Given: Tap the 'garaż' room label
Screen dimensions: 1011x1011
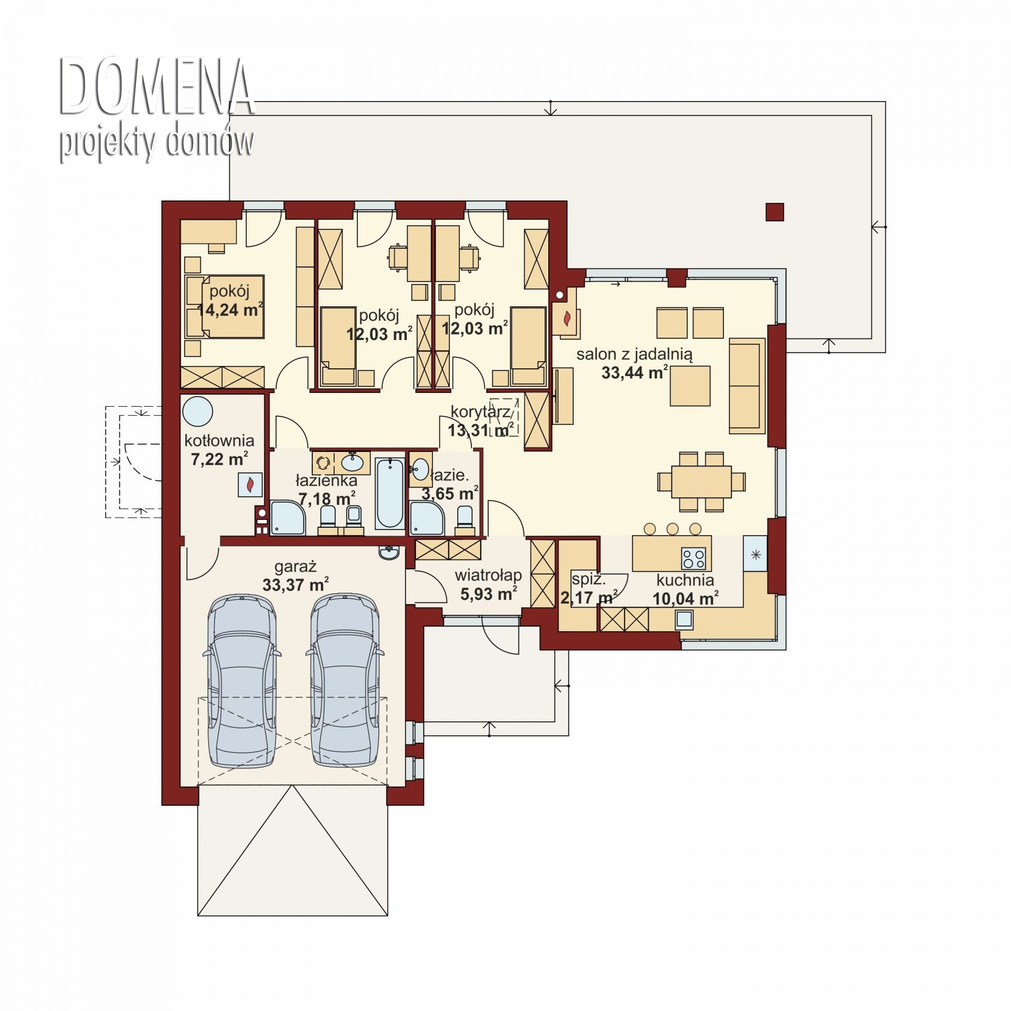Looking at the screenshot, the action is tap(295, 567).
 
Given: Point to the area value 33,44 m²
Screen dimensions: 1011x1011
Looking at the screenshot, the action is tap(634, 373).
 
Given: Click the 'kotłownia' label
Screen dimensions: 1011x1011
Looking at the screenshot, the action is tap(219, 441).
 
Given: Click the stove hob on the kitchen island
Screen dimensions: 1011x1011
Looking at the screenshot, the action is tap(693, 558).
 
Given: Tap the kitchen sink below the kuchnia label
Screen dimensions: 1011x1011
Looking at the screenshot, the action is tap(684, 619).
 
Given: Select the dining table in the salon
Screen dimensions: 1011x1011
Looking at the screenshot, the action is tap(701, 481).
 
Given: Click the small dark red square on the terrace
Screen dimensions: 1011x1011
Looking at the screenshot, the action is tap(775, 212).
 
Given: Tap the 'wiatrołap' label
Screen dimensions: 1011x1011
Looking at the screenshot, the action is tap(488, 575).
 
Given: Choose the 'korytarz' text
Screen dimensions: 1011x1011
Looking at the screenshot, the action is tap(480, 412).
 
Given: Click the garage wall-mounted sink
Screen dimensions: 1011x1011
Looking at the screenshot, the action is tap(389, 553).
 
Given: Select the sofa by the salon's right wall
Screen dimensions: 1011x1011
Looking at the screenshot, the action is tap(747, 386).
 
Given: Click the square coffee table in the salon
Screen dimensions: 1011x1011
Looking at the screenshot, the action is tap(690, 386).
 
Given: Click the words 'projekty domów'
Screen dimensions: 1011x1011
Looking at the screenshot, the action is tap(156, 143).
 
